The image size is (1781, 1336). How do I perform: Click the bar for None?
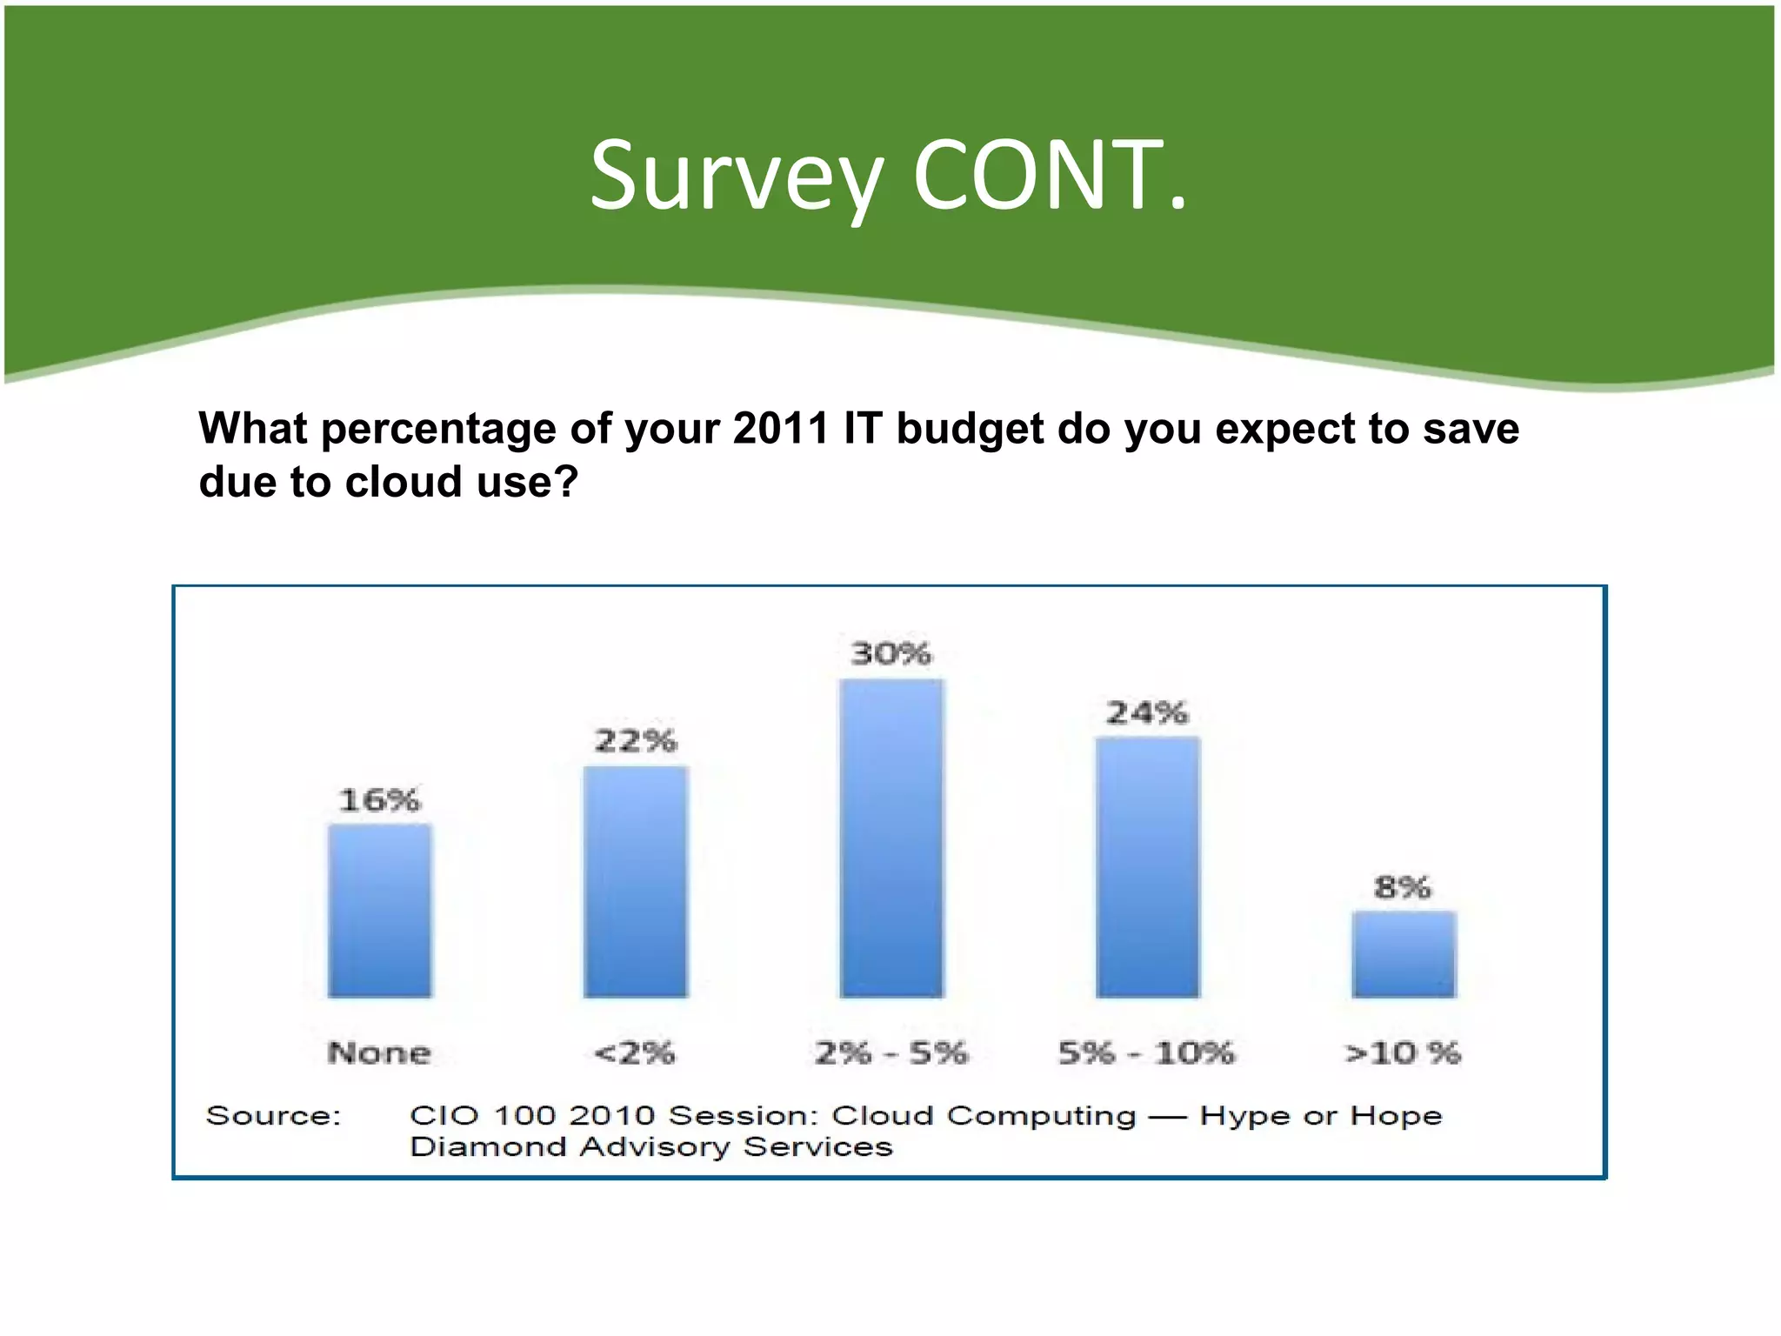(379, 911)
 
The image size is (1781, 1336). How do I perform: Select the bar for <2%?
(635, 881)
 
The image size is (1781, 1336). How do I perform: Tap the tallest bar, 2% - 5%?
(891, 838)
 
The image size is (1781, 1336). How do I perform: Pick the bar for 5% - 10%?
(1147, 867)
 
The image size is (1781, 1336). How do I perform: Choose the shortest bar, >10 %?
(1403, 954)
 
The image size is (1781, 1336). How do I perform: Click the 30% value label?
(891, 653)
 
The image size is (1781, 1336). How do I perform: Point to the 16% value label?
(379, 800)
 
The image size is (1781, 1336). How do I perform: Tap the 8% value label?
(1402, 887)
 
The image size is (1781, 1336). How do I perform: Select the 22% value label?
(635, 741)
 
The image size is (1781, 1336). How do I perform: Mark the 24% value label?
(1147, 713)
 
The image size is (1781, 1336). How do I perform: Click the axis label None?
(379, 1053)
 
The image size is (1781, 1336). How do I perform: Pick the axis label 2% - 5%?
(891, 1053)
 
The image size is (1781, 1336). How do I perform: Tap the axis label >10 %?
(1402, 1053)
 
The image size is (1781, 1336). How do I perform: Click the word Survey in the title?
(737, 178)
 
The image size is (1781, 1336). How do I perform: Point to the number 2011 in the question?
(781, 429)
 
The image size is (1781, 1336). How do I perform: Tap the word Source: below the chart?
(273, 1116)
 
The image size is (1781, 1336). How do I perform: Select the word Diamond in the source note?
(488, 1147)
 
